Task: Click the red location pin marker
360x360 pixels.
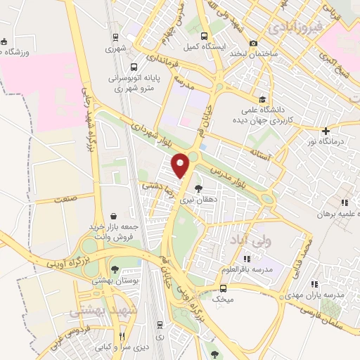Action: tap(182, 165)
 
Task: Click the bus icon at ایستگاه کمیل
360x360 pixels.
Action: tap(204, 37)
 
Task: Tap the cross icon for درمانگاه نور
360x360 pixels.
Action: tap(326, 131)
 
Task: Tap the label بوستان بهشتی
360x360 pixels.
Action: tap(115, 281)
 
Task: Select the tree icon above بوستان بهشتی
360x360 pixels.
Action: tap(115, 269)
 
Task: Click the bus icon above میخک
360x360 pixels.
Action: tap(224, 288)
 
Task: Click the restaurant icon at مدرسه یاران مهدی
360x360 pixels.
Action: tap(314, 284)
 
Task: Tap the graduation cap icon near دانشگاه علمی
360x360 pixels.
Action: tap(262, 100)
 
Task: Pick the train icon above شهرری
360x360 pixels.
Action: tap(115, 37)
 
